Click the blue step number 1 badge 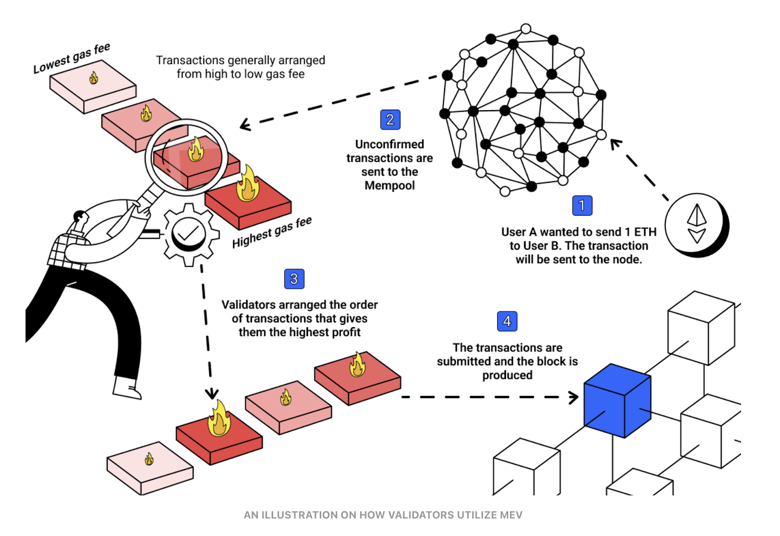(582, 205)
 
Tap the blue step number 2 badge (390, 119)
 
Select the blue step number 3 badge (294, 279)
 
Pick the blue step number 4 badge (507, 321)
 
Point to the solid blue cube (617, 400)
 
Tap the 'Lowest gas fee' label (72, 59)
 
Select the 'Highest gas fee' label (272, 233)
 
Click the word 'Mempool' (390, 186)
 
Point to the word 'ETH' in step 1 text (645, 232)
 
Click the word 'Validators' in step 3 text (249, 305)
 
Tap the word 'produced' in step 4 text (507, 375)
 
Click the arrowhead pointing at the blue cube (574, 397)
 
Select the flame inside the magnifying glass (196, 149)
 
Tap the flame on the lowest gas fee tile (94, 78)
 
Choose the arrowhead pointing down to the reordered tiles (212, 394)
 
